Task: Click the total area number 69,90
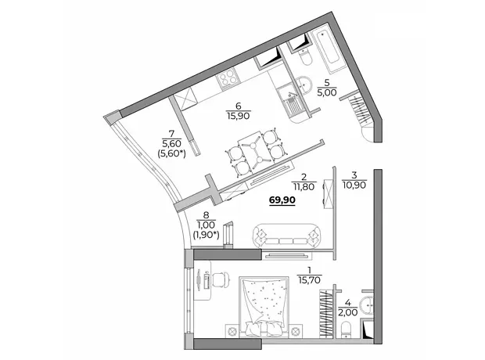click(x=282, y=200)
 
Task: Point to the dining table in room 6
click(x=255, y=151)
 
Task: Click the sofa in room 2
click(x=287, y=236)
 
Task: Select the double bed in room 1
click(x=264, y=307)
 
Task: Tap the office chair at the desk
click(x=221, y=278)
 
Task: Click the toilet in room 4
click(x=346, y=329)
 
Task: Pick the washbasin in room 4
click(x=367, y=305)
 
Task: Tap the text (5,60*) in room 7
click(x=172, y=153)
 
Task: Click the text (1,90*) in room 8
click(x=206, y=235)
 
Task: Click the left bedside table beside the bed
click(x=232, y=331)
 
